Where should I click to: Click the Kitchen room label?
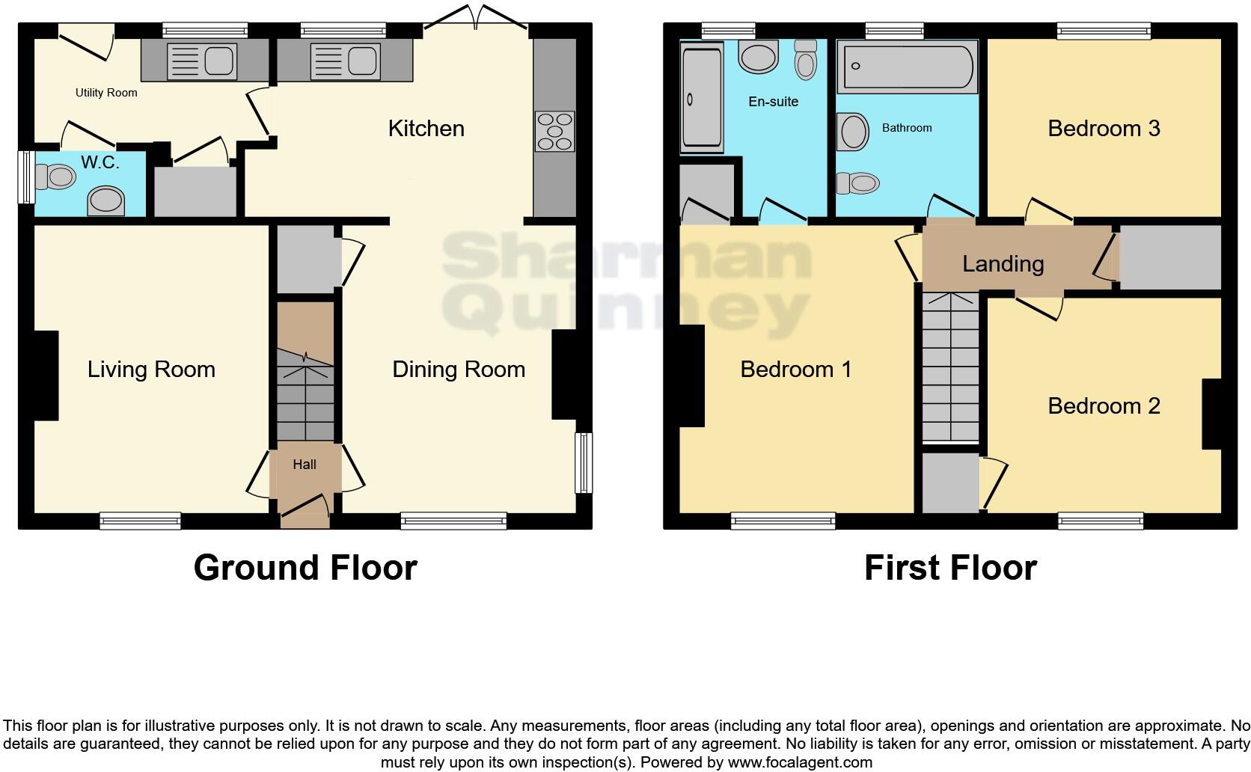426,129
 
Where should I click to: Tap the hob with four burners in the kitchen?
554,132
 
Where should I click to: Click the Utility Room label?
106,93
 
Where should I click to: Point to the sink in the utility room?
201,61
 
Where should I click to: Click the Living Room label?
151,370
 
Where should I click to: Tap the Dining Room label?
459,370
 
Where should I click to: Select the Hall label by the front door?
305,465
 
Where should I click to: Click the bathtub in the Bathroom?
907,67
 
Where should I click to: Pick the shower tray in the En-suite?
701,98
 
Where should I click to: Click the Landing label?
1003,264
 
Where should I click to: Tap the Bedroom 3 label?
1104,129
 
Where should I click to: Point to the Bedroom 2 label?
1104,406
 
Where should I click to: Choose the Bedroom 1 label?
796,370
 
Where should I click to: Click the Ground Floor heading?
305,568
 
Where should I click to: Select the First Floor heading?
950,568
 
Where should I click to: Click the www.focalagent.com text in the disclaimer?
800,763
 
